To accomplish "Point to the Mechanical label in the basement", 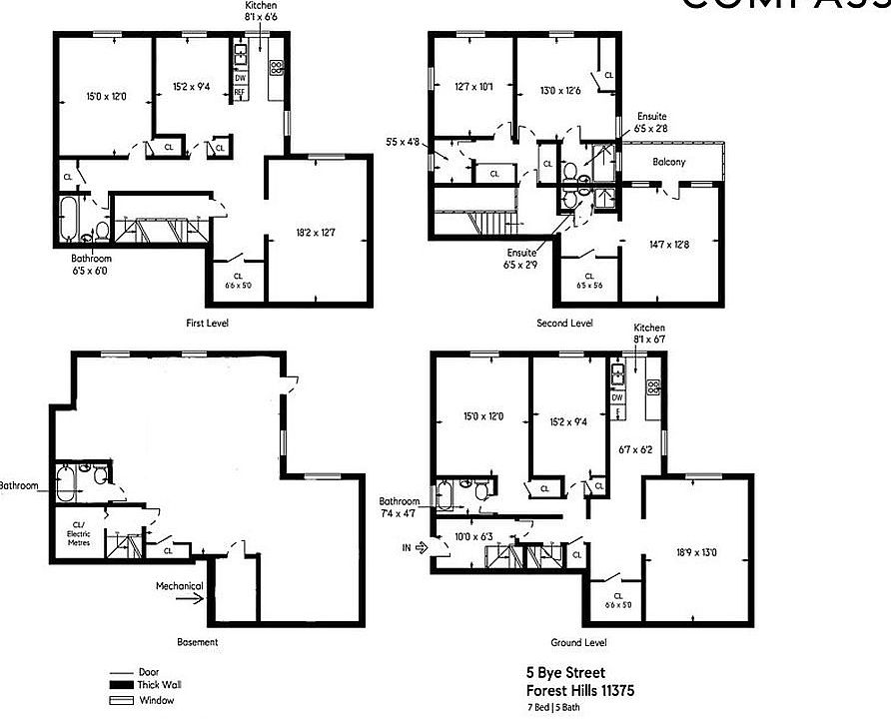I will pyautogui.click(x=179, y=586).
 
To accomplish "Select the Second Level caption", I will pyautogui.click(x=565, y=323).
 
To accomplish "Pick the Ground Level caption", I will pyautogui.click(x=578, y=643).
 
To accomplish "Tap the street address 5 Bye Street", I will pyautogui.click(x=565, y=673).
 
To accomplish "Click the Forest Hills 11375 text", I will pyautogui.click(x=580, y=690).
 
